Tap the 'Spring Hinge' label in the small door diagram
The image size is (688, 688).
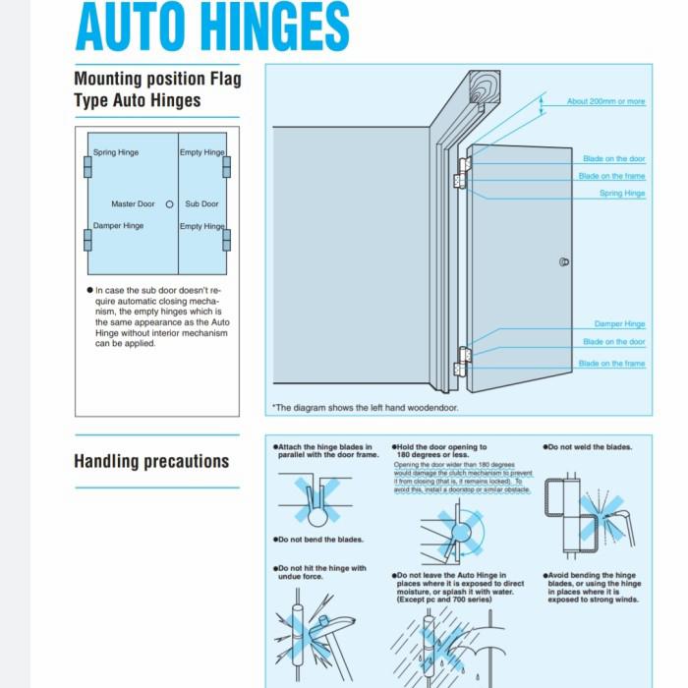116,153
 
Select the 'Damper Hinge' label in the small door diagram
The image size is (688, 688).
118,226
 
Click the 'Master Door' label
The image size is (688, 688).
133,204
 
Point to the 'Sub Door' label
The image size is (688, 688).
201,204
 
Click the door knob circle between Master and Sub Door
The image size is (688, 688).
169,204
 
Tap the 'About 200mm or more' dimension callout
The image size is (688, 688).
605,102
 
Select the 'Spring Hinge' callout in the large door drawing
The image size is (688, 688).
622,194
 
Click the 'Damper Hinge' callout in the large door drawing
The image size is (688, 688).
619,324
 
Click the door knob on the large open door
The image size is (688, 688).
563,262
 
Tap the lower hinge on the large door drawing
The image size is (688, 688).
460,361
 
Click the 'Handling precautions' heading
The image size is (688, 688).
151,461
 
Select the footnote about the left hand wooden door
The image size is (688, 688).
365,407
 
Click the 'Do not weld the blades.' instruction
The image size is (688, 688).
588,447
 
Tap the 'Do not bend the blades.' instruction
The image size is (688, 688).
319,540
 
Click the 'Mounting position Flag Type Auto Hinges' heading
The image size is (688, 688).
156,89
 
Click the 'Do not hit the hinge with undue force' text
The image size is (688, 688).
321,572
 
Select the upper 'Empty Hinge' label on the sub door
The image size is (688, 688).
201,153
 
